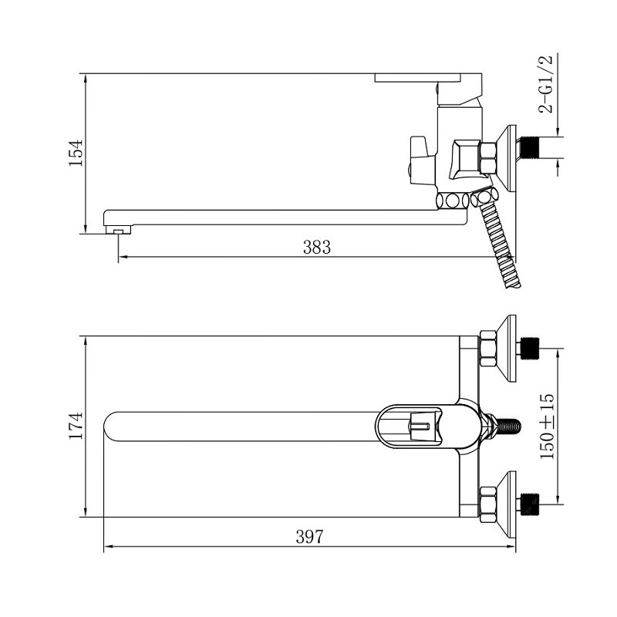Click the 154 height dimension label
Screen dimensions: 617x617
76,153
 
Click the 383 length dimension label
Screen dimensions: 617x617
317,247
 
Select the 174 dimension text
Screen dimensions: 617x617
76,426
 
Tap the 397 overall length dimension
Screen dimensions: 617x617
310,536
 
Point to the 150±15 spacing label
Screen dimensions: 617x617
547,427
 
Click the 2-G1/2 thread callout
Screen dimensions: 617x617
546,84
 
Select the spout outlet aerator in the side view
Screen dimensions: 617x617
118,230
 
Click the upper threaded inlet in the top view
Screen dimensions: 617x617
530,349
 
